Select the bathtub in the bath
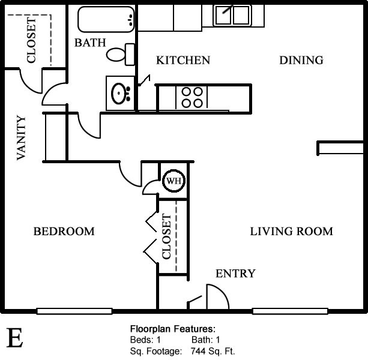[106, 19]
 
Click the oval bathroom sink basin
[119, 94]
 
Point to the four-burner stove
[192, 98]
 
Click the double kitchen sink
[232, 15]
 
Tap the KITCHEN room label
[183, 60]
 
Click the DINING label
[301, 60]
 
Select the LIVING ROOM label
[292, 232]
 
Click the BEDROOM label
[64, 232]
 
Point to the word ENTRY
[235, 274]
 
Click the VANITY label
[21, 138]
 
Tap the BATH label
[90, 43]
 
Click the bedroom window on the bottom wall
[74, 311]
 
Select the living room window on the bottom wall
[290, 311]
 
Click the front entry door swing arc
[223, 292]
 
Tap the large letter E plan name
[14, 338]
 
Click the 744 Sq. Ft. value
[213, 352]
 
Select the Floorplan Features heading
[173, 329]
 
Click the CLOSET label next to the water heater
[167, 236]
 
